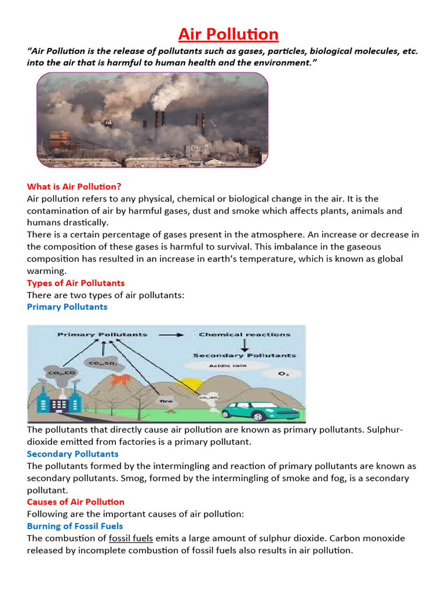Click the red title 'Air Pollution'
228,35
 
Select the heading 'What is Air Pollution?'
74,186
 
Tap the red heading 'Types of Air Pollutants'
75,283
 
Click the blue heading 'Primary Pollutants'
67,307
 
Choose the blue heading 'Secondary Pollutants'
72,454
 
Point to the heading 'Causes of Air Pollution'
75,502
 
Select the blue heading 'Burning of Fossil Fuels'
75,526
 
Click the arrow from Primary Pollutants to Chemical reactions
173,335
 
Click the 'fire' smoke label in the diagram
166,399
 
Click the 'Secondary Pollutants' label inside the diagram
244,355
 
